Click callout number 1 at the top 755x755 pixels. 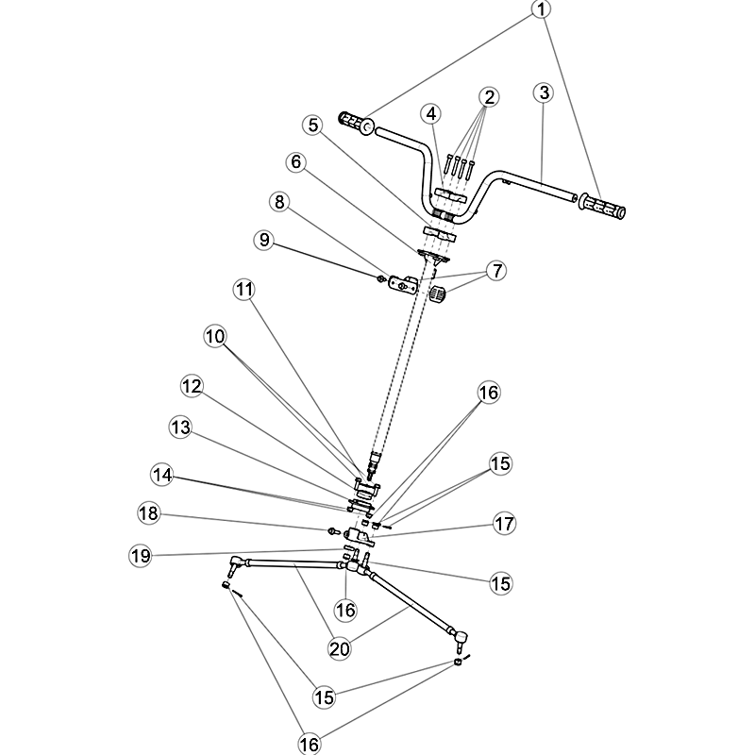pyautogui.click(x=541, y=9)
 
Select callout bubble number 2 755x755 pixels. pyautogui.click(x=489, y=97)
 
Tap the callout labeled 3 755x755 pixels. pyautogui.click(x=545, y=92)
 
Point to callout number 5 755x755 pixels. pyautogui.click(x=313, y=126)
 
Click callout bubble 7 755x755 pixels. pyautogui.click(x=497, y=271)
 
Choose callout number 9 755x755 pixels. pyautogui.click(x=264, y=240)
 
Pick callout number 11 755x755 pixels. pyautogui.click(x=244, y=290)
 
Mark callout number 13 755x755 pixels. pyautogui.click(x=181, y=428)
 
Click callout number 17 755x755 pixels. pyautogui.click(x=504, y=524)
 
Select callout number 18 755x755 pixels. pyautogui.click(x=148, y=512)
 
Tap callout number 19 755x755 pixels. pyautogui.click(x=141, y=556)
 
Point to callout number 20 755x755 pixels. pyautogui.click(x=340, y=649)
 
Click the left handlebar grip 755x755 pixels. pyautogui.click(x=357, y=124)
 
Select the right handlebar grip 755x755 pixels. pyautogui.click(x=602, y=206)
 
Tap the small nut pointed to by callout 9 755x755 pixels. pyautogui.click(x=380, y=278)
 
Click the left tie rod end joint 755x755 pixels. pyautogui.click(x=235, y=564)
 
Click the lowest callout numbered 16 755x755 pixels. pyautogui.click(x=310, y=745)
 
